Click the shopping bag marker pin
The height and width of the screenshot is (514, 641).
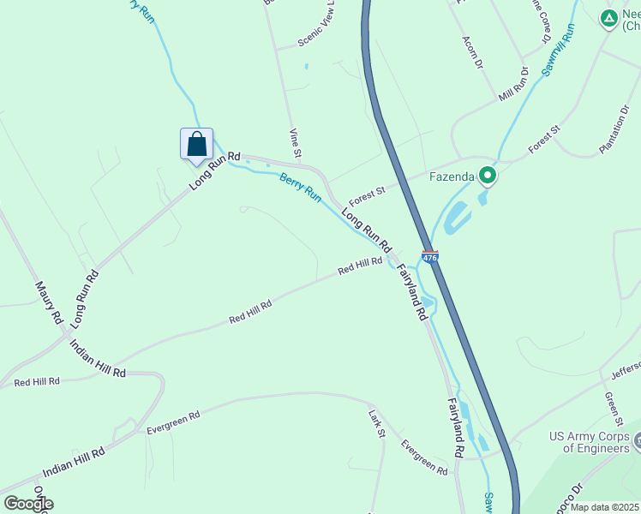[x=196, y=144]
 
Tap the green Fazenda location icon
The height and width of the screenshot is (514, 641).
[x=488, y=177]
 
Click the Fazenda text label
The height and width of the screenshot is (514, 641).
[x=452, y=177]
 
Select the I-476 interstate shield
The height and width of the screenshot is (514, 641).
[x=430, y=256]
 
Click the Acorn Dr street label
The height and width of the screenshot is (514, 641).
[x=473, y=52]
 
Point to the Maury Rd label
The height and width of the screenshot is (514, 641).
[x=49, y=302]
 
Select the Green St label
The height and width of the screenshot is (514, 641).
[x=612, y=409]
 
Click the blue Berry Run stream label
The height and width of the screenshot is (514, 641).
[x=300, y=188]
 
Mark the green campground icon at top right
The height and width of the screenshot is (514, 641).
[x=608, y=17]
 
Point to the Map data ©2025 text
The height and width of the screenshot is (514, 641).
[x=605, y=507]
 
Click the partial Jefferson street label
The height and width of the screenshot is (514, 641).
[x=626, y=369]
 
